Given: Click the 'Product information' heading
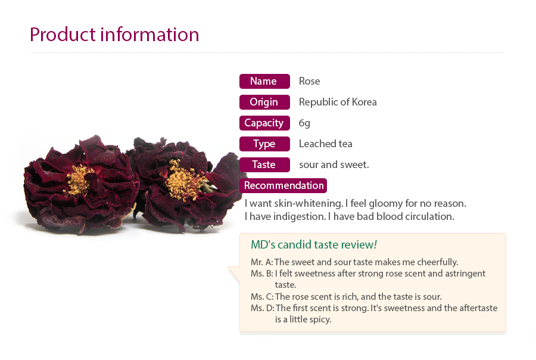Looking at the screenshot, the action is pyautogui.click(x=114, y=35).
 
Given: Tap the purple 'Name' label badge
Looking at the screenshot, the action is pyautogui.click(x=264, y=81).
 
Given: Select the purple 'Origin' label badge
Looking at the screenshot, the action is pyautogui.click(x=264, y=102).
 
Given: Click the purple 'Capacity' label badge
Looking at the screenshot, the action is pyautogui.click(x=264, y=123).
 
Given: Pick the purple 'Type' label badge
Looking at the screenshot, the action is pyautogui.click(x=264, y=144).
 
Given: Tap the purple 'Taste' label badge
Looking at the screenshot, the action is pyautogui.click(x=264, y=165).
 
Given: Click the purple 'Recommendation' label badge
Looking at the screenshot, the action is pyautogui.click(x=283, y=185).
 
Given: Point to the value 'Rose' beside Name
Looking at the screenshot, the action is pyautogui.click(x=309, y=81).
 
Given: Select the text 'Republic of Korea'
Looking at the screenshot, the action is pyautogui.click(x=338, y=102).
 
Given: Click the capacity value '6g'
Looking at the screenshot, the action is pyautogui.click(x=304, y=123).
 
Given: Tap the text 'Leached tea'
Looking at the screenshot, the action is pyautogui.click(x=325, y=144).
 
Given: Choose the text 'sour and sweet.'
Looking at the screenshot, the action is pyautogui.click(x=334, y=165).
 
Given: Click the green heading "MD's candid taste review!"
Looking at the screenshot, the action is pyautogui.click(x=314, y=245).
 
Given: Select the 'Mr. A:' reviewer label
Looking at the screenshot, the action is pyautogui.click(x=262, y=262).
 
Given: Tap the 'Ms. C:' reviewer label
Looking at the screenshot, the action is pyautogui.click(x=262, y=297).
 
